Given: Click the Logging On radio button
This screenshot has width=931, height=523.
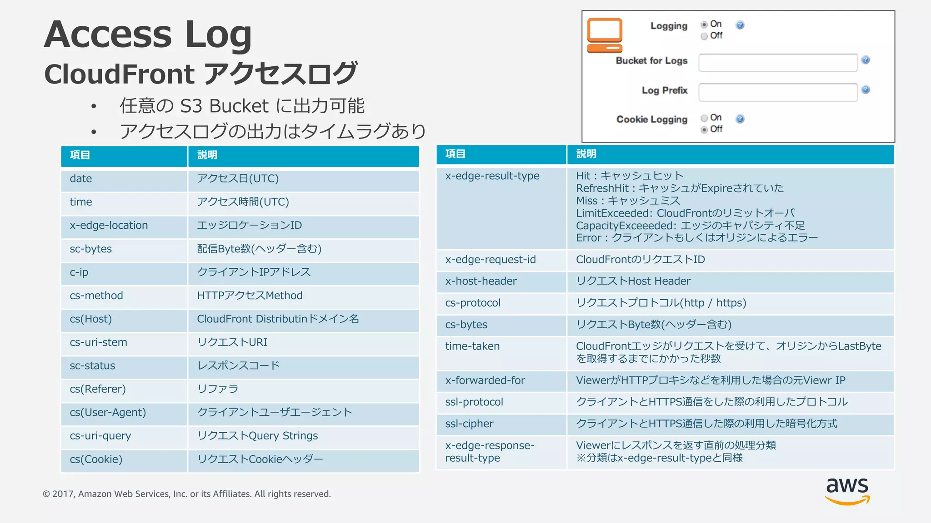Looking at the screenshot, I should click(704, 25).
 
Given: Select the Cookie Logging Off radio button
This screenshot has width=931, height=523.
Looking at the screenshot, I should click(704, 130).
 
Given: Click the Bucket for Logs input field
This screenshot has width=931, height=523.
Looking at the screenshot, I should click(778, 63).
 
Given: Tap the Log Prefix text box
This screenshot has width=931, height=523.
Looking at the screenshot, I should click(778, 93).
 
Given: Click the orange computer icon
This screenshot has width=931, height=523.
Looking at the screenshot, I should click(605, 35).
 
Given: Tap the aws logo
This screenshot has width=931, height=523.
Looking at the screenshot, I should click(847, 490).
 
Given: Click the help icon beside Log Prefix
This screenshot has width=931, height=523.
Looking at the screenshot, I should click(866, 90).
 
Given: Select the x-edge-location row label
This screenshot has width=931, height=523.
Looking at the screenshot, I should click(109, 226).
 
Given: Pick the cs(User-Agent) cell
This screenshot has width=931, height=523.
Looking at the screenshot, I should click(108, 413).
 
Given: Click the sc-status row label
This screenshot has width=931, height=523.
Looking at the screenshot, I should click(93, 366).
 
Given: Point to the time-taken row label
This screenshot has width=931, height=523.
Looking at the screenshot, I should click(472, 346).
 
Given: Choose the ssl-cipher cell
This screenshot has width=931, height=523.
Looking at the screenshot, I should click(469, 424).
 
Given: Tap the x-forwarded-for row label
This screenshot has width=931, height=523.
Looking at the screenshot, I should click(485, 380).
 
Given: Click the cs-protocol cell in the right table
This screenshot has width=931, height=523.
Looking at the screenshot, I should click(473, 303).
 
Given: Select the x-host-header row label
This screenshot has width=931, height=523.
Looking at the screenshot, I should click(481, 281).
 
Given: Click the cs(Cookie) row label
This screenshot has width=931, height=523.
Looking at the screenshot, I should click(96, 459).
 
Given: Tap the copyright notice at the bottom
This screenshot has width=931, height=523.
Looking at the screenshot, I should click(187, 494).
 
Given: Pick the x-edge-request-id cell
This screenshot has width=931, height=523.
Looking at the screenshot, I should click(491, 260).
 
